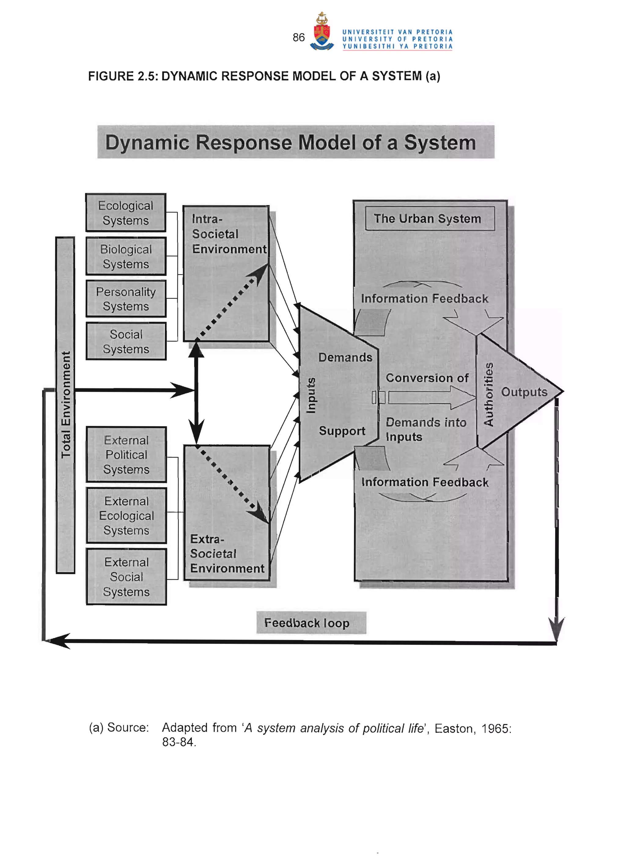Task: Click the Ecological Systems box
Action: pos(126,213)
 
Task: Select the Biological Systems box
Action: pos(126,256)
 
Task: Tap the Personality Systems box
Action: pos(126,299)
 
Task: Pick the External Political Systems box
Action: pos(126,455)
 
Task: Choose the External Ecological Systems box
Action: pos(126,515)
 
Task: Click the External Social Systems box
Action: pos(126,577)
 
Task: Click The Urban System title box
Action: pos(430,218)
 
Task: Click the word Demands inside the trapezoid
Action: pos(345,357)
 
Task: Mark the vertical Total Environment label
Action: pos(66,404)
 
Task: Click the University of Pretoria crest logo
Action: pos(322,32)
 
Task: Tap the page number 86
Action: pos(299,37)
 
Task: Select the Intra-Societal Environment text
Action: pos(228,234)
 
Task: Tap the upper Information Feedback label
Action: pos(424,299)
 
